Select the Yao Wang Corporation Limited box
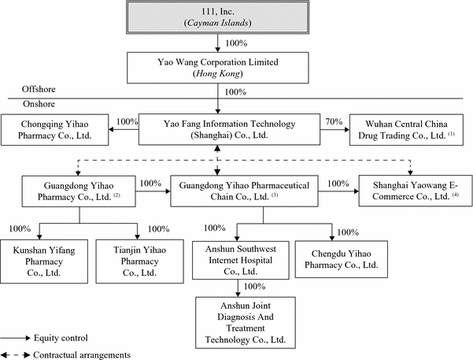coord(216,66)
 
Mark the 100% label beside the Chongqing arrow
coord(127,122)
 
